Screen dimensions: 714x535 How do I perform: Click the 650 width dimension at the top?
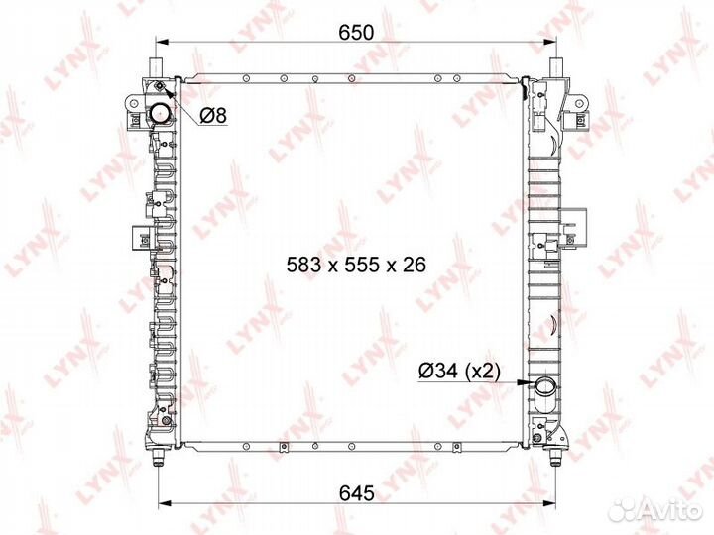[356, 33]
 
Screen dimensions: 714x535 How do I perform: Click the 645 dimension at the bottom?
[357, 493]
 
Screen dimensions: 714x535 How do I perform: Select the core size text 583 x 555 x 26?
[356, 265]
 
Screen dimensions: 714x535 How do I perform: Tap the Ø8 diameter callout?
[213, 116]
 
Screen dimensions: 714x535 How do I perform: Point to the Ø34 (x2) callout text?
[459, 371]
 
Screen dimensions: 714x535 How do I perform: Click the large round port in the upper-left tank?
[161, 113]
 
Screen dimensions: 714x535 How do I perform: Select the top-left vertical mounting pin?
[157, 68]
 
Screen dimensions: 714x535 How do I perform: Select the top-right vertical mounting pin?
[556, 68]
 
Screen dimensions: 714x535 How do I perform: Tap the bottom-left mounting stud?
[158, 457]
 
